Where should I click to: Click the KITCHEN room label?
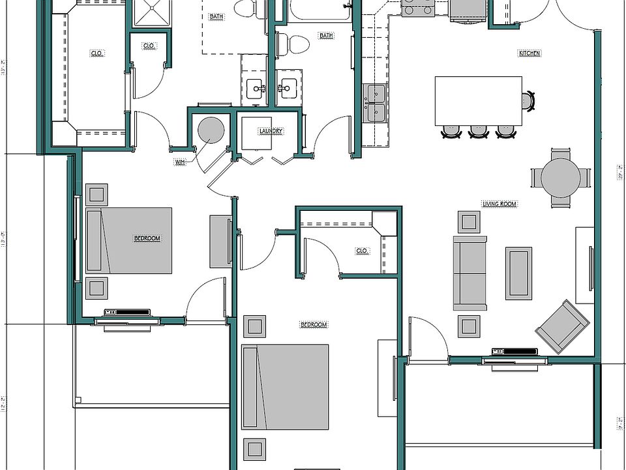point(529,53)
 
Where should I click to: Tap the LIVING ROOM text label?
point(499,204)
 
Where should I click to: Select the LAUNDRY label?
point(271,131)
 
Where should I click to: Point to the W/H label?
point(179,161)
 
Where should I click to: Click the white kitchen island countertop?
point(478,101)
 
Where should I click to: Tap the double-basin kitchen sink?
point(375,103)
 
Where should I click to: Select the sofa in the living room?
point(469,273)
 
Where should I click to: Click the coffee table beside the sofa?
point(518,273)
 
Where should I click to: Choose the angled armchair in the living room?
point(563,326)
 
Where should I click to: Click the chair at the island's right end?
point(528,101)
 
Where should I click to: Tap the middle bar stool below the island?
point(479,132)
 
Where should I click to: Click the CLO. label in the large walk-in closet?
point(97,53)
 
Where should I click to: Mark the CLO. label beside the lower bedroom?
point(363,250)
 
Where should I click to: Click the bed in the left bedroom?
point(129,240)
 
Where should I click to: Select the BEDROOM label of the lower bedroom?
point(313,324)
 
